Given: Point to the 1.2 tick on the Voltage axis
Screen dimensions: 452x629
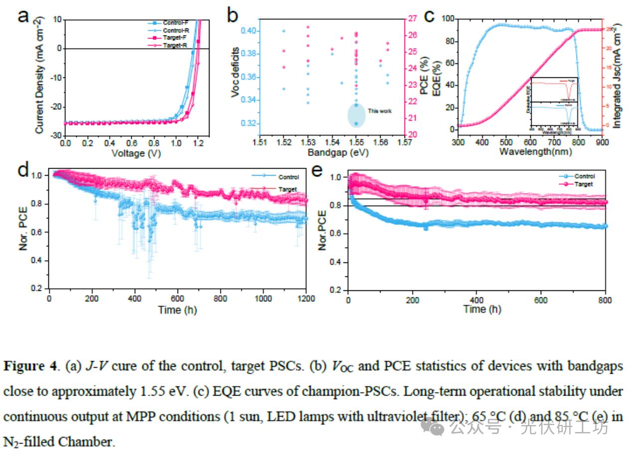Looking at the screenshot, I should pos(199,143).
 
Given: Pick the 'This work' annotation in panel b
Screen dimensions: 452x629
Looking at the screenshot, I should pos(380,111).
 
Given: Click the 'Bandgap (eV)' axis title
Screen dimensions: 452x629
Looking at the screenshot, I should pos(331,153).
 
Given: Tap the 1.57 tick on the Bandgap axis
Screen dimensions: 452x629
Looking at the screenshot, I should pos(404,143).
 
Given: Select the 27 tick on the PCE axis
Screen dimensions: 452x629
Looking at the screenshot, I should pos(413,18).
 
